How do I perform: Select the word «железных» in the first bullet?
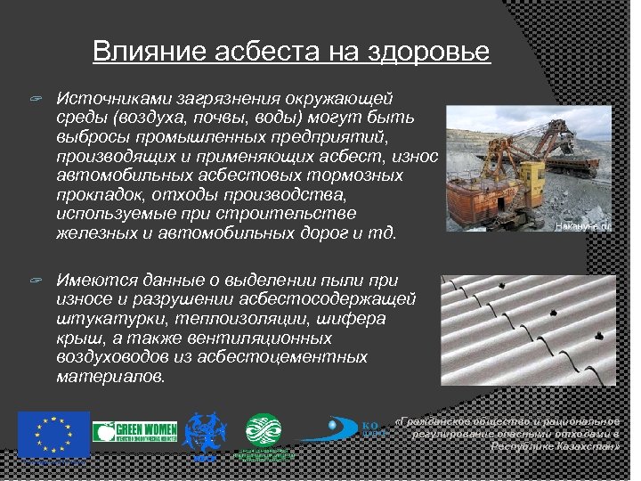(x=91, y=233)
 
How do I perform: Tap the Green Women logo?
(x=134, y=432)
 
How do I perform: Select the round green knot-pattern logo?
(x=264, y=432)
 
